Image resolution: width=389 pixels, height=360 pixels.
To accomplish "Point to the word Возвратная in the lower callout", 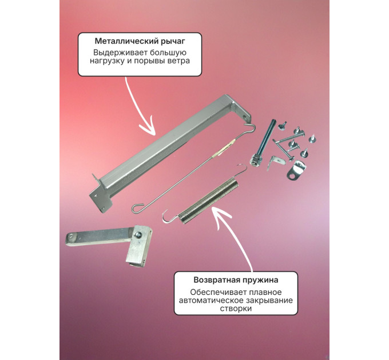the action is [x=216, y=280].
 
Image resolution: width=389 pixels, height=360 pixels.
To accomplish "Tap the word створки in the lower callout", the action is [x=236, y=309].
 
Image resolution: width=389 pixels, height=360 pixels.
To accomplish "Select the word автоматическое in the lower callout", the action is [x=211, y=301].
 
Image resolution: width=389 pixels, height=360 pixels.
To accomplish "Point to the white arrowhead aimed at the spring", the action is [x=220, y=215].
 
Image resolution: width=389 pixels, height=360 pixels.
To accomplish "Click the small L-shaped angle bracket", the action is [x=276, y=162].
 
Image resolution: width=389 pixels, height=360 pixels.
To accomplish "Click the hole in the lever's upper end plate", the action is [x=246, y=116].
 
